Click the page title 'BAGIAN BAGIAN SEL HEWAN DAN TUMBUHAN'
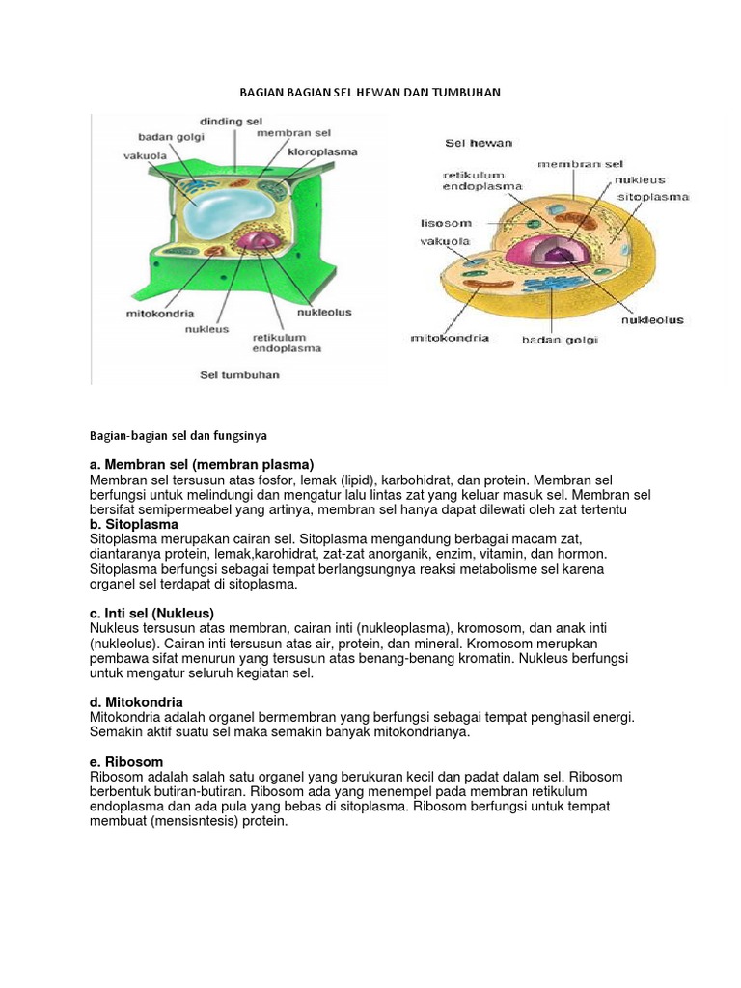click(x=370, y=93)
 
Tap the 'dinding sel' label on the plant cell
click(x=232, y=122)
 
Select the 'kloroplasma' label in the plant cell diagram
click(x=322, y=151)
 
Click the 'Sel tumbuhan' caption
click(x=239, y=374)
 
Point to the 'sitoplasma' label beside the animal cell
click(x=654, y=196)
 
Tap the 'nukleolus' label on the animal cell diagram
click(x=652, y=319)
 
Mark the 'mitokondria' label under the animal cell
click(x=450, y=338)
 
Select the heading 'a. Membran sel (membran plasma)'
click(x=202, y=465)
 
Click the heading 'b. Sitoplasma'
click(x=134, y=524)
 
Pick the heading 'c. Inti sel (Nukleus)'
click(x=151, y=613)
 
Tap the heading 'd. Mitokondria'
click(x=136, y=702)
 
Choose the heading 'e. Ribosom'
click(x=126, y=762)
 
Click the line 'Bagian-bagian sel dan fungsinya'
click(x=178, y=436)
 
